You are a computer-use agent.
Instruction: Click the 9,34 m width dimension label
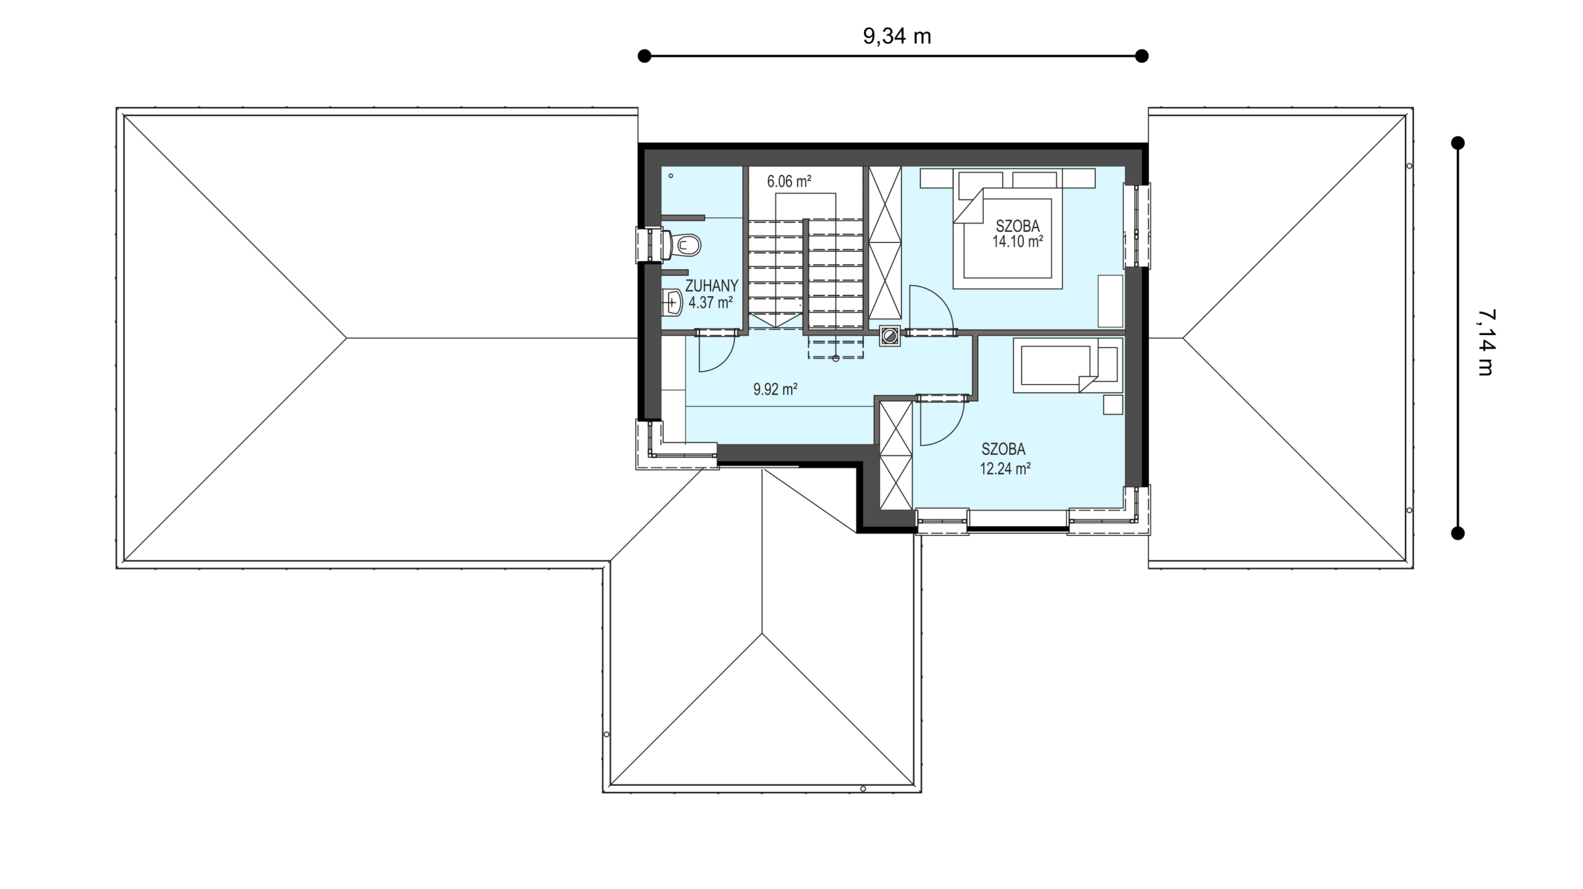(x=897, y=36)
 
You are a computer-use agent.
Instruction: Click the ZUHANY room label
(x=712, y=286)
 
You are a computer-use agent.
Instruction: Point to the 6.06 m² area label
(x=789, y=181)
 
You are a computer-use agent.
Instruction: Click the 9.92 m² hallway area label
(x=775, y=389)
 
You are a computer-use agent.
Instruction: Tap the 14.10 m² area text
(x=1018, y=242)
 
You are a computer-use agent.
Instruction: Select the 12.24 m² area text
(x=1005, y=469)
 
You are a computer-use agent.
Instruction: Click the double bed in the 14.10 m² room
(x=1007, y=229)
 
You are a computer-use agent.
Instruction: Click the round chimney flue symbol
(x=890, y=336)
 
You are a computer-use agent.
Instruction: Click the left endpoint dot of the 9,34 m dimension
(x=644, y=56)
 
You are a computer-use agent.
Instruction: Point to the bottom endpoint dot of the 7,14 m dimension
(x=1458, y=533)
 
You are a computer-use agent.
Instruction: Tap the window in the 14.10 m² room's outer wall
(x=1137, y=226)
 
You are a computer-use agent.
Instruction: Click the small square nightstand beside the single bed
(x=1113, y=405)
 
